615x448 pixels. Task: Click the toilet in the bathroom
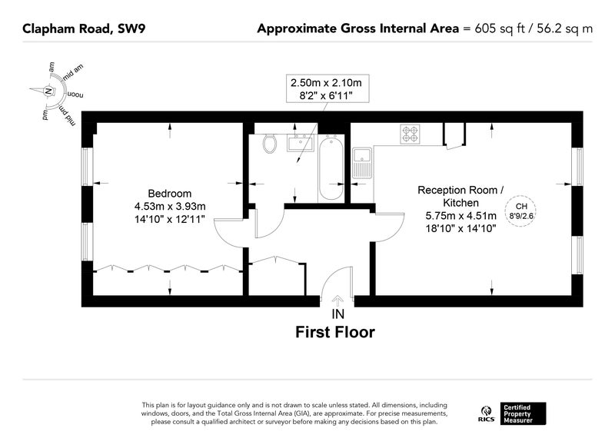tap(270, 144)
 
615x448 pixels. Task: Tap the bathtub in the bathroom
tap(331, 168)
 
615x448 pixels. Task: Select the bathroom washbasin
tap(300, 144)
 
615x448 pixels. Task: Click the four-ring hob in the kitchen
tap(410, 134)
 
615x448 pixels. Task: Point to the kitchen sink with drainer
tap(361, 163)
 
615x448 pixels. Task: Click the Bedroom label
tap(169, 193)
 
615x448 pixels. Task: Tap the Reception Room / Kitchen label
tap(460, 197)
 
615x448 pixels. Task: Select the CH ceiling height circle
tap(520, 211)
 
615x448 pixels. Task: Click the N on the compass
tap(48, 91)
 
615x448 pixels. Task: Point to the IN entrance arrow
tap(337, 300)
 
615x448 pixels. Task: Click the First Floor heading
tap(335, 332)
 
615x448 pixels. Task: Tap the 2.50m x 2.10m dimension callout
tap(327, 88)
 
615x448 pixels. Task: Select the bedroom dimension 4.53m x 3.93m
tap(170, 206)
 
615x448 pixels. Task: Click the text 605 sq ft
tap(499, 28)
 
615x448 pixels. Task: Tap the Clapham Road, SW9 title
tap(84, 28)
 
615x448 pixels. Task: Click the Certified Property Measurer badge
tap(523, 413)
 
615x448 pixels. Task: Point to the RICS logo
tap(487, 414)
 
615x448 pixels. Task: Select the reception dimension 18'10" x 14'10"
tap(460, 228)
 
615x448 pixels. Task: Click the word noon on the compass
tap(75, 95)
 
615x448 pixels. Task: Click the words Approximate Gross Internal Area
tap(357, 28)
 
